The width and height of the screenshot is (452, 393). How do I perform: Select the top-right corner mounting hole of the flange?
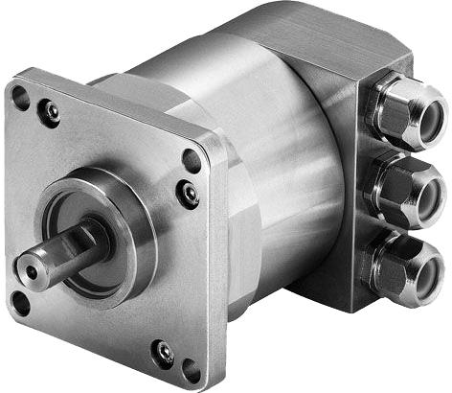192,160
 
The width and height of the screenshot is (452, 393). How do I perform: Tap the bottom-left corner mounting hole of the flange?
20,306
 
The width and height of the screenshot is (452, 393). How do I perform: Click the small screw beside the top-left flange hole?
50,112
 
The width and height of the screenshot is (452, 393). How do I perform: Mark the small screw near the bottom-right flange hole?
164,352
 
